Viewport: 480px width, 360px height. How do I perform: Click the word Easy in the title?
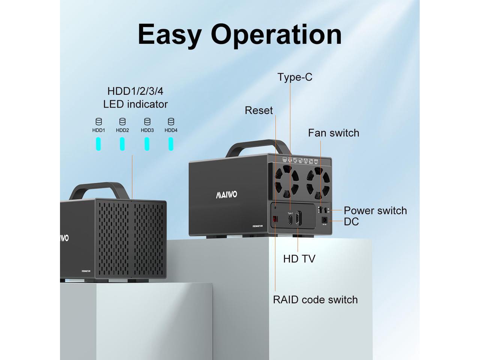(169, 34)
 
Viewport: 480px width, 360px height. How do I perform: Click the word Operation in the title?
(276, 34)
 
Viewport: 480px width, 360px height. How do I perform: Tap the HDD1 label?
(99, 130)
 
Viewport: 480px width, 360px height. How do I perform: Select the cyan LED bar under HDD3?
(147, 144)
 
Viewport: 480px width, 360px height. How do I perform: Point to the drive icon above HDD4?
(171, 121)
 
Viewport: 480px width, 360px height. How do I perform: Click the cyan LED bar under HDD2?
(122, 144)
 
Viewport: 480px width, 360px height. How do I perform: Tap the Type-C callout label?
(295, 77)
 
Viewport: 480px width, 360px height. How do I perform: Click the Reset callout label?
(259, 110)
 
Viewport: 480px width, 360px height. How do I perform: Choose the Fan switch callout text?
(333, 133)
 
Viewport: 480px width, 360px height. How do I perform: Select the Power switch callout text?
(375, 210)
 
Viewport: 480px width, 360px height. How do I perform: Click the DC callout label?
(351, 222)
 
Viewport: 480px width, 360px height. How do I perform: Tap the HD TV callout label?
(299, 258)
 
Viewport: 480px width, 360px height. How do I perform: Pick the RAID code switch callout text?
(315, 300)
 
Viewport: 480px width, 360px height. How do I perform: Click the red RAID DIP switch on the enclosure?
(275, 219)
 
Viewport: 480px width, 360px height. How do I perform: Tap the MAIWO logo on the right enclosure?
(226, 195)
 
